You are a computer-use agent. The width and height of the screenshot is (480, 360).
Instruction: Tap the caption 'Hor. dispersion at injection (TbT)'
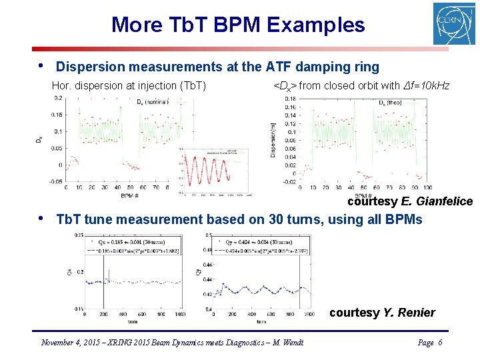[129, 85]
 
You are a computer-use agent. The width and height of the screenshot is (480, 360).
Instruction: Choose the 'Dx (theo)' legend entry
[393, 103]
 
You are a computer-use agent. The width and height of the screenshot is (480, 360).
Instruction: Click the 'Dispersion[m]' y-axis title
[273, 141]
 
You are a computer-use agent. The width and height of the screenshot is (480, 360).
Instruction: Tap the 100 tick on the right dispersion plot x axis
[427, 187]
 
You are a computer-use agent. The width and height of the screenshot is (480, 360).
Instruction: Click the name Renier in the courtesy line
[417, 313]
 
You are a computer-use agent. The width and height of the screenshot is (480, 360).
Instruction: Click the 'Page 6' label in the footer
[429, 343]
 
